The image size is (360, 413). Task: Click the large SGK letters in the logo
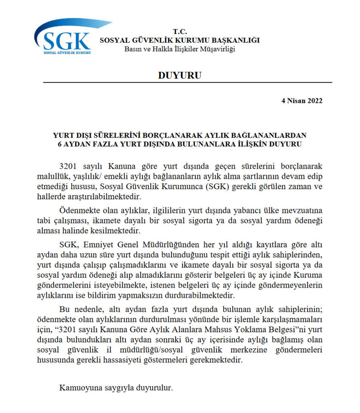point(67,40)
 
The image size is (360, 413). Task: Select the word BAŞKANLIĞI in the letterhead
point(237,40)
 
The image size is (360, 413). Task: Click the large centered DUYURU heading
point(180,75)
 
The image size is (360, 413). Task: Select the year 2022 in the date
point(314,101)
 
